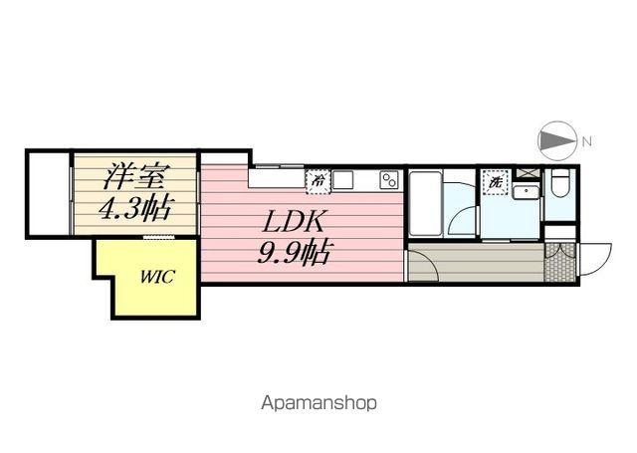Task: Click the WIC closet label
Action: [156, 277]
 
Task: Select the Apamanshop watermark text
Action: [318, 404]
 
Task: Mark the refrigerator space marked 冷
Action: [318, 181]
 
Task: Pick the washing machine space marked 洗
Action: [495, 183]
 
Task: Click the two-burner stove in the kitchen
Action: [388, 180]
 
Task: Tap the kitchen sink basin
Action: [343, 180]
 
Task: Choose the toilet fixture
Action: [559, 185]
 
